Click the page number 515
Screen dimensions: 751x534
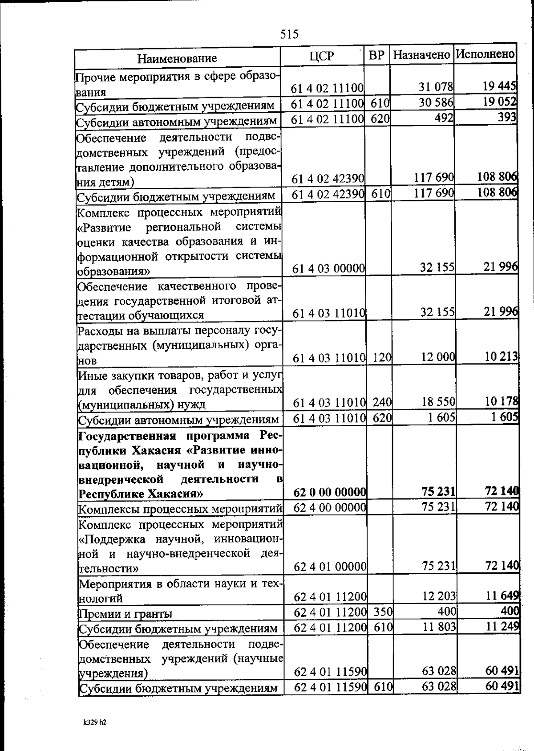click(290, 34)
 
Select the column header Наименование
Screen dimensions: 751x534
click(177, 58)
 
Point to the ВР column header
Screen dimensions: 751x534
click(376, 55)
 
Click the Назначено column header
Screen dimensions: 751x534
click(422, 55)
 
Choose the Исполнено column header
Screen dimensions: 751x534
click(485, 54)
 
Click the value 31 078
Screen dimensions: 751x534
click(436, 87)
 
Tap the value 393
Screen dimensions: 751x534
click(507, 117)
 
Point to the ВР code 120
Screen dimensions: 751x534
click(382, 357)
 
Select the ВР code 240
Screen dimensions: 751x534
click(382, 403)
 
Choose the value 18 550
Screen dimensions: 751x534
click(438, 402)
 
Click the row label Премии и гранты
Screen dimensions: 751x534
click(125, 614)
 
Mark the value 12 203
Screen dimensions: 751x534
click(439, 596)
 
